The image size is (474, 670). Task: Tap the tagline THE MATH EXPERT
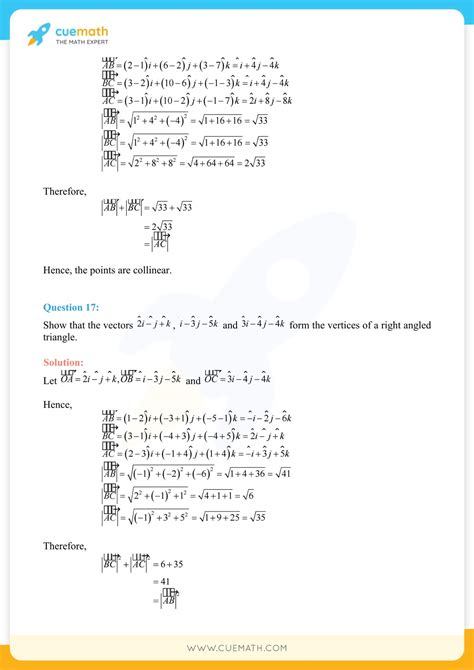pos(82,41)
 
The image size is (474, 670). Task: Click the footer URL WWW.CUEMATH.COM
pos(236,648)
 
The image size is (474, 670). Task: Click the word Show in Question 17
pos(54,325)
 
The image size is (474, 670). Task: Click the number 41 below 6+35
pos(162,580)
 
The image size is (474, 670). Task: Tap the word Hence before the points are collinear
pos(60,271)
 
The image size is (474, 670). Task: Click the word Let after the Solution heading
pos(50,379)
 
